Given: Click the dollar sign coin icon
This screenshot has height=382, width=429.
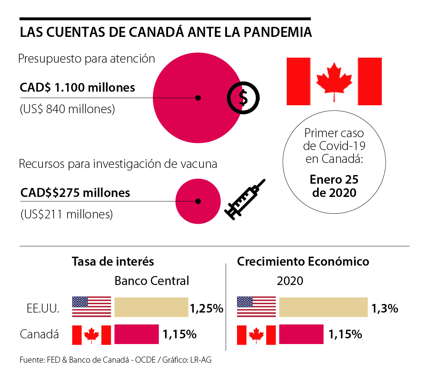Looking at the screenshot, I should coord(243,98).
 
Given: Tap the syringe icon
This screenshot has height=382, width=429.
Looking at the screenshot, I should coord(245,199).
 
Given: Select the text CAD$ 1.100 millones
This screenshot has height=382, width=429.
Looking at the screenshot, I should coord(77,87).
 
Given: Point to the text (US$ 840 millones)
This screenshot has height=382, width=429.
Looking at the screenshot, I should coord(67,109).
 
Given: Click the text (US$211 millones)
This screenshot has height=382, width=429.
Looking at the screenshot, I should coord(66,214).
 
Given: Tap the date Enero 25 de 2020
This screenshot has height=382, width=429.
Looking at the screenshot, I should coord(334,186).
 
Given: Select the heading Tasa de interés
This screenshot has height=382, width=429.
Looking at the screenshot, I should coord(113,262).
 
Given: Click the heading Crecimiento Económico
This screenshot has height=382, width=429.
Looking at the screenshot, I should coord(303,262).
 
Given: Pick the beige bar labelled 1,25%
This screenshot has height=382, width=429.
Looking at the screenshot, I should coord(151,307).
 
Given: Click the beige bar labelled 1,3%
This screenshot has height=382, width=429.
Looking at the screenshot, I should coord(323,307).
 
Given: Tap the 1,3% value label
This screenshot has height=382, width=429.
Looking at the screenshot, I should coord(385,308).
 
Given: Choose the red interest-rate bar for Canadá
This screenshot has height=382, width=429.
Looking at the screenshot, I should coord(137,334).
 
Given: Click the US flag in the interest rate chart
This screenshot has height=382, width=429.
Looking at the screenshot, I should coord(92,307).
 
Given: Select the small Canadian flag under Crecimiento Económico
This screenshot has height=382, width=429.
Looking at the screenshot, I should coord(256,335).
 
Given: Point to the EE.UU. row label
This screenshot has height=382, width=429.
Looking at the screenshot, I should coord(43,308).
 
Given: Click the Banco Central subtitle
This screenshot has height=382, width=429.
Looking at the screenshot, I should coord(152,281).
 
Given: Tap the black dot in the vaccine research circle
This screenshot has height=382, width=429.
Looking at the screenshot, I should coord(198,201).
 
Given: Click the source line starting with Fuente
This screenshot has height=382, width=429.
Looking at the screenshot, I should coord(115,360).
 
